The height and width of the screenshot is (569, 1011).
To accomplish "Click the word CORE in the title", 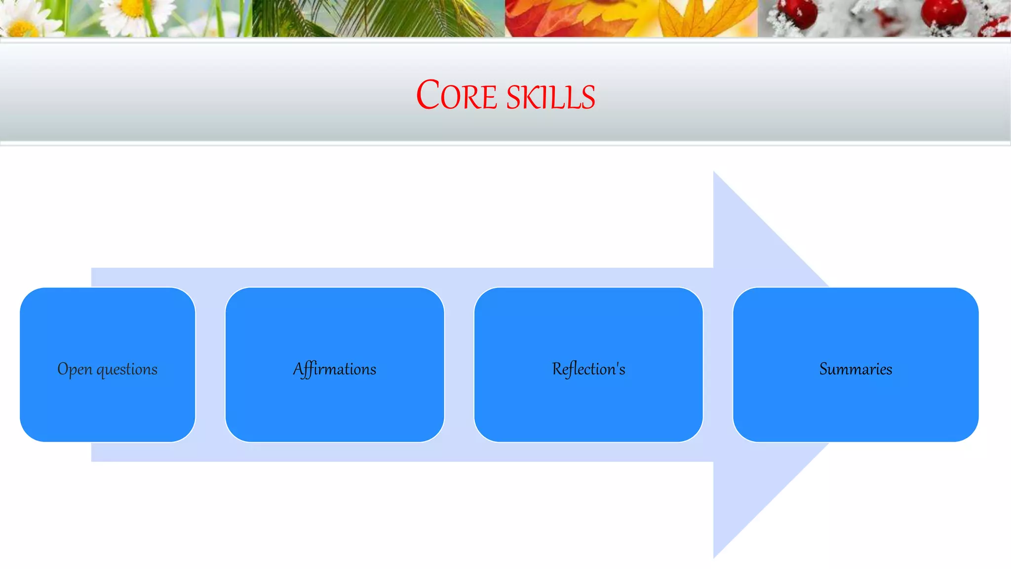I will [456, 95].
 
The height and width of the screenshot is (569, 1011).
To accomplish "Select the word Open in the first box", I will [75, 369].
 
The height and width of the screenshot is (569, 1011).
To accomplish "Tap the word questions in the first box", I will [127, 369].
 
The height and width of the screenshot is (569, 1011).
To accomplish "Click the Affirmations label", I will [335, 369].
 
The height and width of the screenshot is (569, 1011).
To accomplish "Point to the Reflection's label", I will [588, 369].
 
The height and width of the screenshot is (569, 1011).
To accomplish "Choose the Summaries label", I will [855, 369].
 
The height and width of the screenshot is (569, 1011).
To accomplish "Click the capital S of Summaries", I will [823, 369].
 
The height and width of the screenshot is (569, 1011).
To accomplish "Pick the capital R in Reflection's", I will [557, 369].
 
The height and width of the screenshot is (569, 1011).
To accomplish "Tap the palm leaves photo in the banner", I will [378, 18].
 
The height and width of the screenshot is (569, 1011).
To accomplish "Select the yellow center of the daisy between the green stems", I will [132, 7].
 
